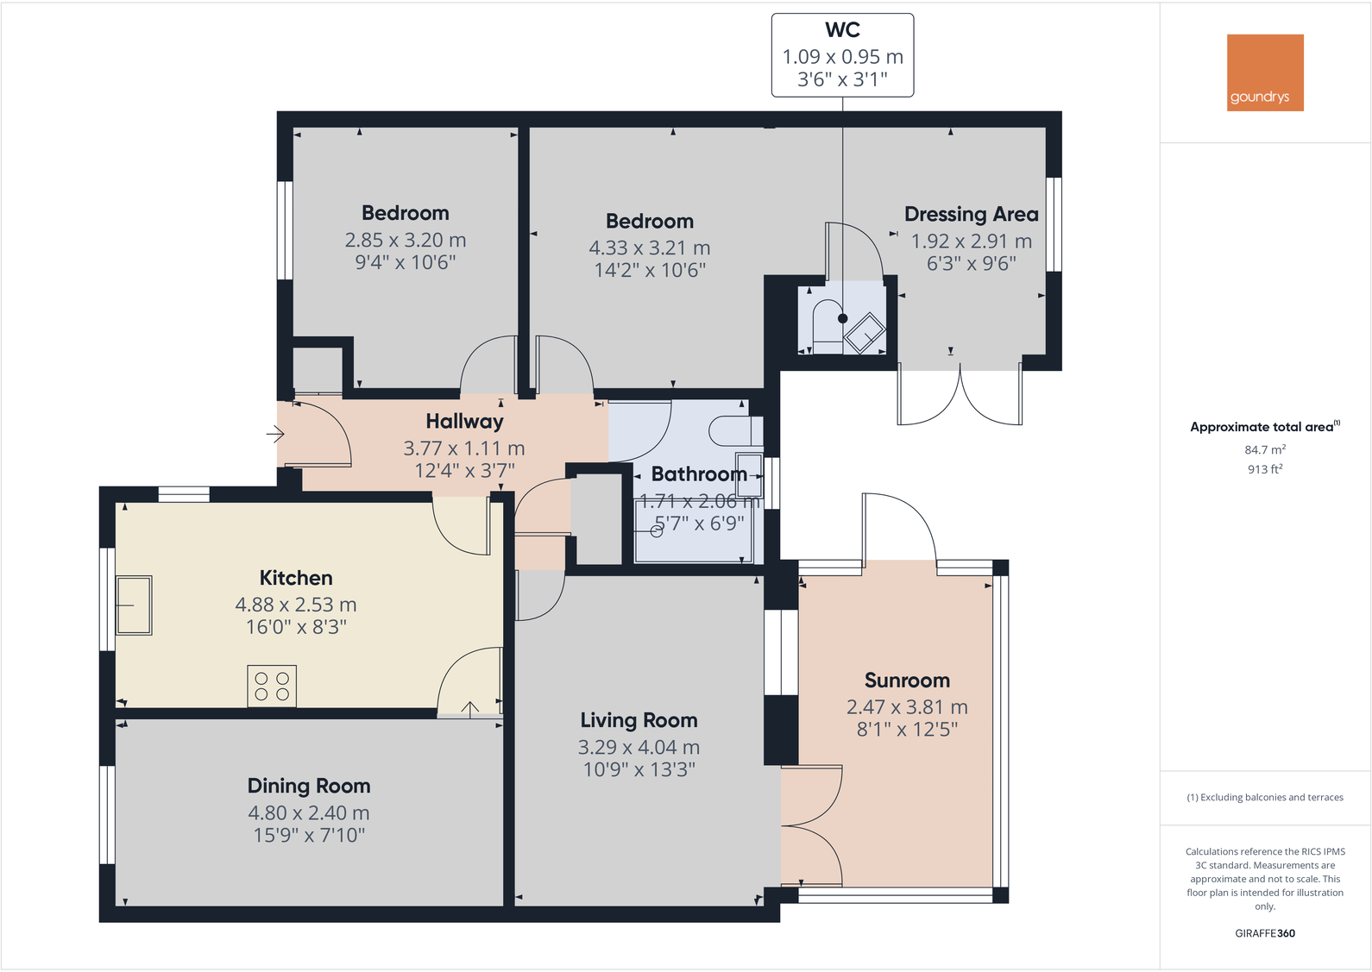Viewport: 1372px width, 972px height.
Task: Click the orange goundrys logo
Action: [1264, 72]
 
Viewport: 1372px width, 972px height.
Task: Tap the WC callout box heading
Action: [842, 30]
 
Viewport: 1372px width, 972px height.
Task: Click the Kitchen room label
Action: [296, 578]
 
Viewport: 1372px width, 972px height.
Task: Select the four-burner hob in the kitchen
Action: [272, 687]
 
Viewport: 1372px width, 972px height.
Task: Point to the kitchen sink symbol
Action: [134, 605]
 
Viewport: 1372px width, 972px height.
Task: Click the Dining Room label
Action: [309, 786]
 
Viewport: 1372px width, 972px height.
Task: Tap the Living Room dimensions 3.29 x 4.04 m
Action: [639, 748]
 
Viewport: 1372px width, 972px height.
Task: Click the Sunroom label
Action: [907, 680]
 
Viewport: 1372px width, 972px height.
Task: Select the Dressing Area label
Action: [971, 214]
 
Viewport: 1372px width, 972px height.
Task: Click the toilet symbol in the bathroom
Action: [734, 430]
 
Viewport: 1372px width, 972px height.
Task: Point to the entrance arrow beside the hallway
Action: [275, 434]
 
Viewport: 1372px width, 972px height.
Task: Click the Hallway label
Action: [464, 421]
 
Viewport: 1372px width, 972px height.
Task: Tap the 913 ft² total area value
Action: [1264, 469]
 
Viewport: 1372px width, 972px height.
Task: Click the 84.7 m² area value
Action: [1264, 449]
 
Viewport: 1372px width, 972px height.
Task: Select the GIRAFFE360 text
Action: [1264, 933]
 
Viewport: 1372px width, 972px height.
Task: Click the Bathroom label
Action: [699, 473]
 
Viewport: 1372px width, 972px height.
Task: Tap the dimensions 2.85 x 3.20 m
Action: [405, 240]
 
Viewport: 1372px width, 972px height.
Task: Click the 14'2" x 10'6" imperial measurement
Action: [649, 270]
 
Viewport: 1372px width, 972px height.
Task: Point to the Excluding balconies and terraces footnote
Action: [1264, 797]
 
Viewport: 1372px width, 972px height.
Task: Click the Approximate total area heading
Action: [1262, 427]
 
